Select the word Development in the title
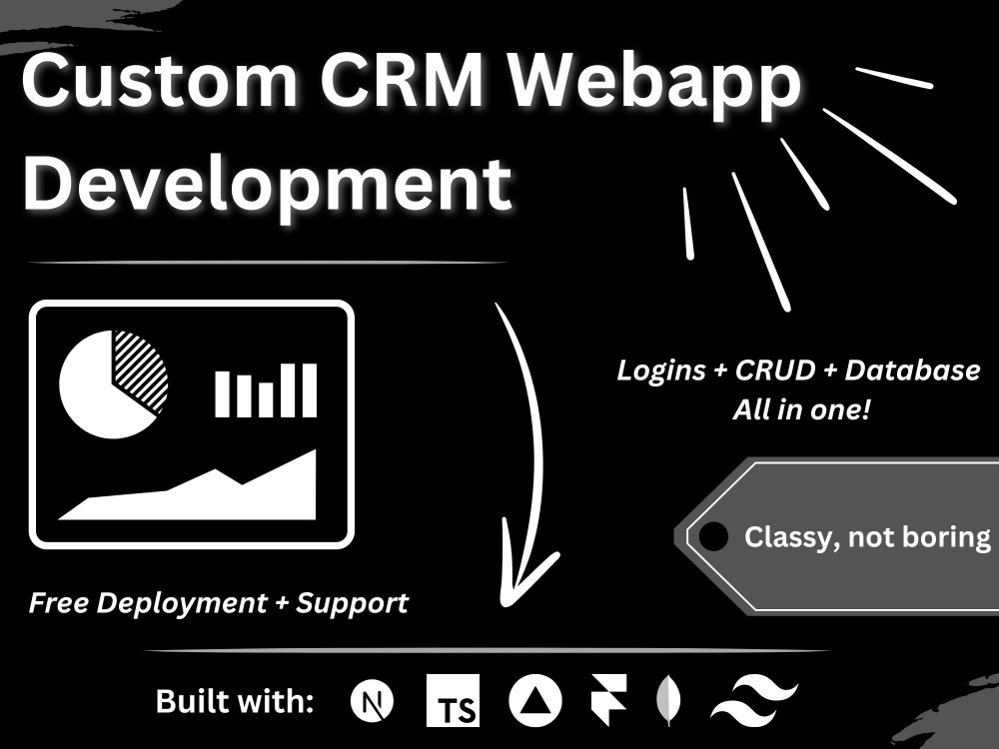[268, 185]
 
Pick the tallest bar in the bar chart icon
[309, 390]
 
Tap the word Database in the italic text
[912, 371]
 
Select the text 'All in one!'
[801, 408]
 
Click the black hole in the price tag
[713, 536]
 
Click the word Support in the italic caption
[352, 603]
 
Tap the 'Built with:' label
[235, 701]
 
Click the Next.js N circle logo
[372, 702]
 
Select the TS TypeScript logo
[453, 701]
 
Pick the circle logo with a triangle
[535, 701]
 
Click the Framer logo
[608, 700]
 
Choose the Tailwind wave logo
[755, 701]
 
